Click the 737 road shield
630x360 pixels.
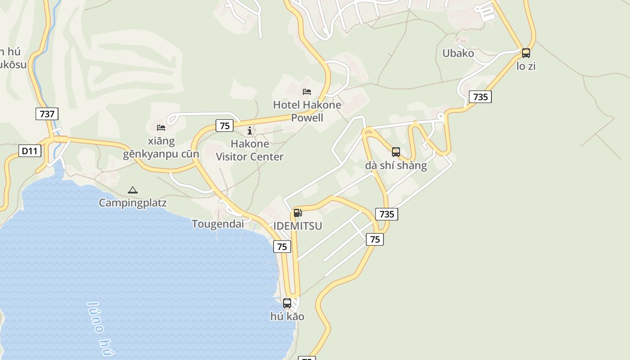[x=47, y=114]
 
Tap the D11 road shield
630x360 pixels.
[x=30, y=151]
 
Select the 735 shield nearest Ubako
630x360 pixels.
[x=480, y=96]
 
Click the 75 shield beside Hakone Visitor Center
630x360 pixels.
[x=225, y=126]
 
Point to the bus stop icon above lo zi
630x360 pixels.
[x=526, y=53]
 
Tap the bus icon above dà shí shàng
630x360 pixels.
[x=396, y=152]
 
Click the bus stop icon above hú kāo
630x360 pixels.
[x=287, y=303]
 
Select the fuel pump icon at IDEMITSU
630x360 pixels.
[x=297, y=212]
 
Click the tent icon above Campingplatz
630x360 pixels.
[x=132, y=190]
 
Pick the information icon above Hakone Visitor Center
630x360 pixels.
[x=250, y=131]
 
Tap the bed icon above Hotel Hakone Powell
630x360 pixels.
[x=307, y=92]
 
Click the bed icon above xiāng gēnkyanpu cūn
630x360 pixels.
[x=161, y=128]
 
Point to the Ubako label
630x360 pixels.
[x=458, y=53]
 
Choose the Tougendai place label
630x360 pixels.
[x=218, y=224]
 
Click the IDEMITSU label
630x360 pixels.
[x=298, y=226]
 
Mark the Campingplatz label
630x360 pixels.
[x=133, y=202]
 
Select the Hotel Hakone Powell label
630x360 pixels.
[x=307, y=111]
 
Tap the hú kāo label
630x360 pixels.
[x=287, y=316]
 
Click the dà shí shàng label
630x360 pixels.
[x=396, y=165]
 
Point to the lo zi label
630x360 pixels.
[x=526, y=66]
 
